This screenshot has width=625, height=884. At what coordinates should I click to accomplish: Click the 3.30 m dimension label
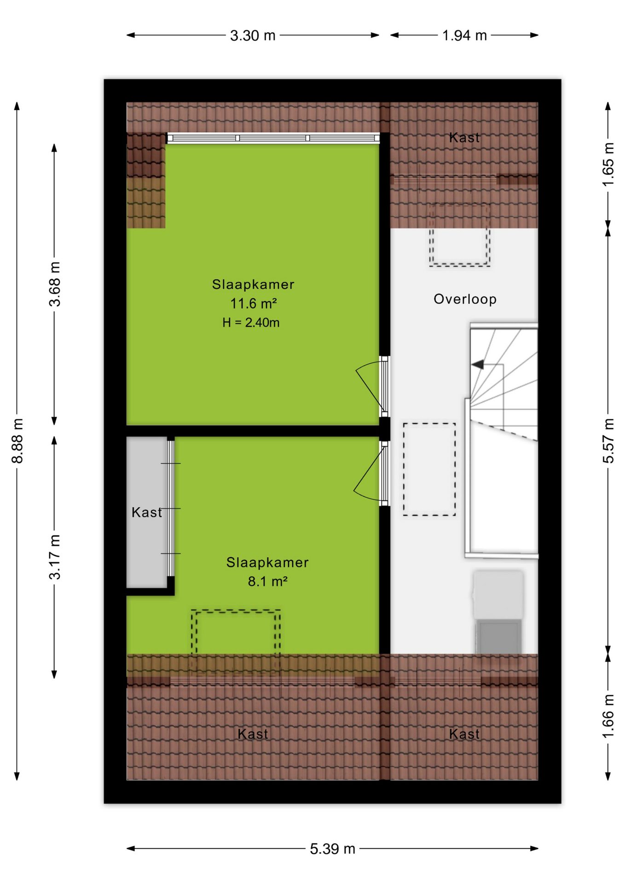(x=253, y=35)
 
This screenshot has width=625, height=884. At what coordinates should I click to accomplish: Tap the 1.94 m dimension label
(x=464, y=35)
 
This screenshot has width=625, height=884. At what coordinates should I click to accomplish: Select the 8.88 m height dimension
(x=17, y=441)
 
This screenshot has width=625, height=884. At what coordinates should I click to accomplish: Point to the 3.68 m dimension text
(x=55, y=284)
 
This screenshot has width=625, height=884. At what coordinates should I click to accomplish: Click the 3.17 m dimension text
(x=55, y=557)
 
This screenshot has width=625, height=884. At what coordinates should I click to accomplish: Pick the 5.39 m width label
(x=332, y=849)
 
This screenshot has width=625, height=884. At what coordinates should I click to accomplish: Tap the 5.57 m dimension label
(x=608, y=441)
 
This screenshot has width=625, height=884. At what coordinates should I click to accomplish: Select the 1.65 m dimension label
(x=608, y=164)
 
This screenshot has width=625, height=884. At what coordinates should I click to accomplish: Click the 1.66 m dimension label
(x=608, y=716)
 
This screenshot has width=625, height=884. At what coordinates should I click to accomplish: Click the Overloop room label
(x=465, y=299)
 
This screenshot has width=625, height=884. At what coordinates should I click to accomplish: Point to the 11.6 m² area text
(x=254, y=304)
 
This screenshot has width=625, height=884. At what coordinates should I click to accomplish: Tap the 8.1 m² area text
(x=268, y=582)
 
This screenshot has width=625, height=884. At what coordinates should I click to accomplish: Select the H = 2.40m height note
(x=251, y=323)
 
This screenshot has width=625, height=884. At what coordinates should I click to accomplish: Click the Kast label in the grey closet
(x=147, y=512)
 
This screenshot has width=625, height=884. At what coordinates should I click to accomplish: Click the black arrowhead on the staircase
(x=478, y=365)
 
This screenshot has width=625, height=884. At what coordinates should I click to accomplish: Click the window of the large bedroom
(x=273, y=138)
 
